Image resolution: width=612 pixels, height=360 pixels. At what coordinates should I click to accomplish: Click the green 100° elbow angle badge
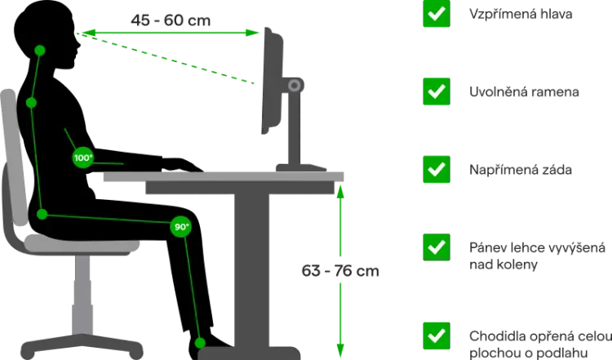coord(82,158)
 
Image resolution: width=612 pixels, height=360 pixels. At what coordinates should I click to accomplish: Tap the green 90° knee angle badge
coord(180,226)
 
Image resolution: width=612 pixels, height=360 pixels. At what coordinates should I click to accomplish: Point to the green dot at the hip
coord(42,215)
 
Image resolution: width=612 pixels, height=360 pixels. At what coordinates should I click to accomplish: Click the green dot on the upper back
coord(30,103)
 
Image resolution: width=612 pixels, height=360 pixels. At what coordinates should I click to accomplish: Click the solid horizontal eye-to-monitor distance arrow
coord(171,33)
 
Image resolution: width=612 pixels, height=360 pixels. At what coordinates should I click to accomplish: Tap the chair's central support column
coord(82,294)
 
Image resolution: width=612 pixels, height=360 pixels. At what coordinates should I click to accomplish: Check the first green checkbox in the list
coord(437,14)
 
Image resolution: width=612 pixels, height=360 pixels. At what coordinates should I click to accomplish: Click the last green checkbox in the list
coord(437,335)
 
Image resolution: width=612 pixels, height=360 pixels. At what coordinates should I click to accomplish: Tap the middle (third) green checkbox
coord(437,169)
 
